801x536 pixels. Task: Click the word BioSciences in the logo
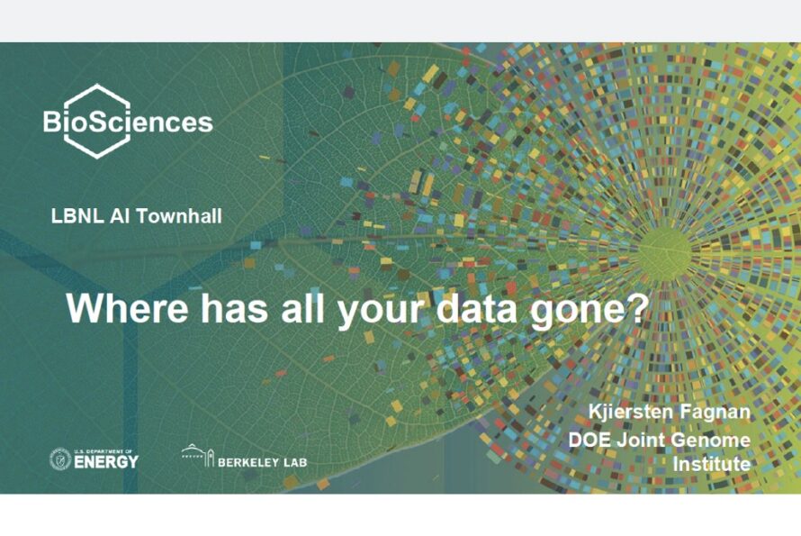128,123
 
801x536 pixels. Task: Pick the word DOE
589,440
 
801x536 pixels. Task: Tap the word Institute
712,465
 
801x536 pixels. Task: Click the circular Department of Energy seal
59,459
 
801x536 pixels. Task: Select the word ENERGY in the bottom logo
106,462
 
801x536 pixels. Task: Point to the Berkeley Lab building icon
197,456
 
